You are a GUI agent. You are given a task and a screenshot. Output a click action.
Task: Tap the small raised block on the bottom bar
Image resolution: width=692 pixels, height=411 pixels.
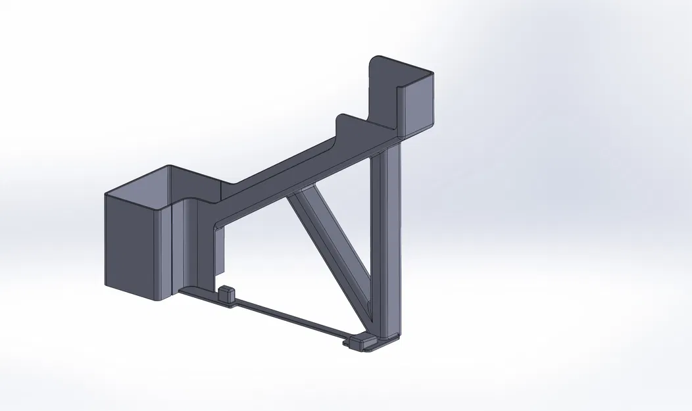pos(226,294)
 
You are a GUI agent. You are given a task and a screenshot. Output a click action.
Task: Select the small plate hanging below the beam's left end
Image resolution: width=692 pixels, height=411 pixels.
pos(220,250)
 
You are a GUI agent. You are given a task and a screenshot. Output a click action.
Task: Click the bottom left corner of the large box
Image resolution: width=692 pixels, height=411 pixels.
pos(107,286)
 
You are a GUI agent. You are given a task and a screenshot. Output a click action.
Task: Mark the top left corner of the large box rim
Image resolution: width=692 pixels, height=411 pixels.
pos(107,195)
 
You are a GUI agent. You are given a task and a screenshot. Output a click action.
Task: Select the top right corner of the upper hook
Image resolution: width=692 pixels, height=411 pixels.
pos(434,74)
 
